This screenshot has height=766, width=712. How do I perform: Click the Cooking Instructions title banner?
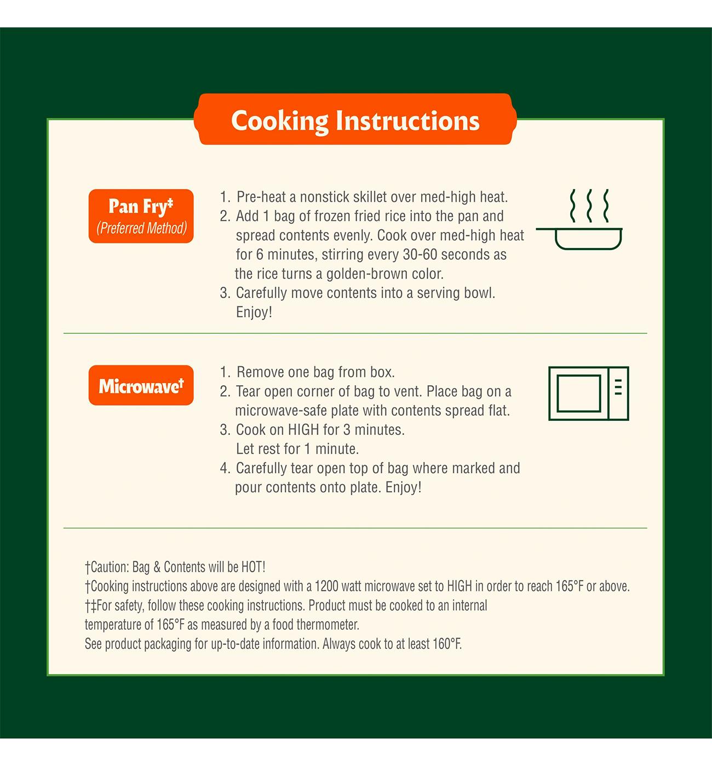[x=355, y=119]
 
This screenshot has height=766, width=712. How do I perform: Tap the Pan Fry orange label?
[x=141, y=216]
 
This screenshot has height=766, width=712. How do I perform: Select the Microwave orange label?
[x=141, y=385]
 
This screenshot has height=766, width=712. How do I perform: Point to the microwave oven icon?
[x=588, y=393]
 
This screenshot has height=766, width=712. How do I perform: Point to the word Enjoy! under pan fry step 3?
[x=254, y=312]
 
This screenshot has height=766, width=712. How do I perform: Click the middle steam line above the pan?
[x=589, y=206]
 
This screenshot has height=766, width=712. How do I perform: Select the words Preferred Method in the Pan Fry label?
[x=142, y=228]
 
